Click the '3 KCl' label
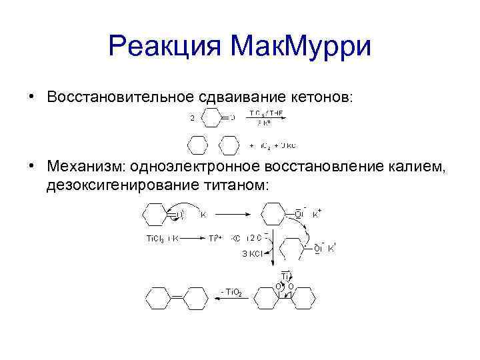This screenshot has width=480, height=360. click(x=251, y=253)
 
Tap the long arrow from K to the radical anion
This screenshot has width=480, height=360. click(x=230, y=215)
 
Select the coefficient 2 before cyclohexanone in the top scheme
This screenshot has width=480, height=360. click(x=192, y=119)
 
